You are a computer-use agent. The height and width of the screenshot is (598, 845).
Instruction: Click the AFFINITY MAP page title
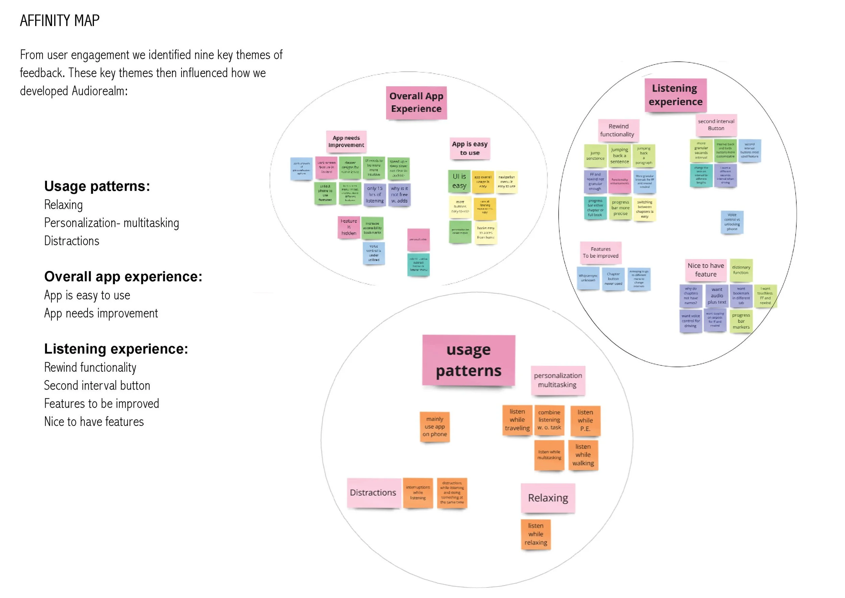click(59, 21)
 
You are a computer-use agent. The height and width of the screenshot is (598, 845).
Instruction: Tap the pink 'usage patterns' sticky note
click(468, 360)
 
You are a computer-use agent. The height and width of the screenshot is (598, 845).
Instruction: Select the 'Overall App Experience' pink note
click(416, 103)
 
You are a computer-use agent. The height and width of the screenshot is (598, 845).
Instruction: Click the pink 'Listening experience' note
click(675, 95)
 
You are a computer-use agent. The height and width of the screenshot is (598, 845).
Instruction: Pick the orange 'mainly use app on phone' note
click(435, 427)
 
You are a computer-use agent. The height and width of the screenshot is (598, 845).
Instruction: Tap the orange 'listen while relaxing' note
click(535, 534)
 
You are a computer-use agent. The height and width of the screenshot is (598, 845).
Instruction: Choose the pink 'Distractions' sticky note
click(373, 493)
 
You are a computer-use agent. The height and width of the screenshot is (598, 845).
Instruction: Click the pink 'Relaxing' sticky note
click(548, 498)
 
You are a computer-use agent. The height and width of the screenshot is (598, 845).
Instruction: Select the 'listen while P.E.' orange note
click(585, 420)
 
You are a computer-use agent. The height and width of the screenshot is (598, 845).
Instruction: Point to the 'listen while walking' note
click(583, 455)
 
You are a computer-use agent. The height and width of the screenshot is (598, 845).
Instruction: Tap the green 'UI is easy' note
click(459, 181)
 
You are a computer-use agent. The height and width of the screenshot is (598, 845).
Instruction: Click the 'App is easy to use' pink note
click(469, 148)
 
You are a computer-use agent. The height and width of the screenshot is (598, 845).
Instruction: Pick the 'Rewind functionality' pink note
click(618, 130)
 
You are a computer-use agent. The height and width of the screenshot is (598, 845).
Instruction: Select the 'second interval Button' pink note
click(716, 125)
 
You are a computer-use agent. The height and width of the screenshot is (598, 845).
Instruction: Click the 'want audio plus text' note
click(717, 296)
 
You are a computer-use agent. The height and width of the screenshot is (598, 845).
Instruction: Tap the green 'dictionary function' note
click(741, 270)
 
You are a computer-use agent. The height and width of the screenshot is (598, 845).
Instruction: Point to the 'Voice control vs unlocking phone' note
click(732, 222)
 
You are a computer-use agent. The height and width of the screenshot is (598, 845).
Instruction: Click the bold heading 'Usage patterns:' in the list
click(97, 186)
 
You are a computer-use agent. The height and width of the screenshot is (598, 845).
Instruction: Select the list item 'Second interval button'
click(97, 386)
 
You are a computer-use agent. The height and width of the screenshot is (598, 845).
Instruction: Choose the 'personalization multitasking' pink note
click(558, 380)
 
